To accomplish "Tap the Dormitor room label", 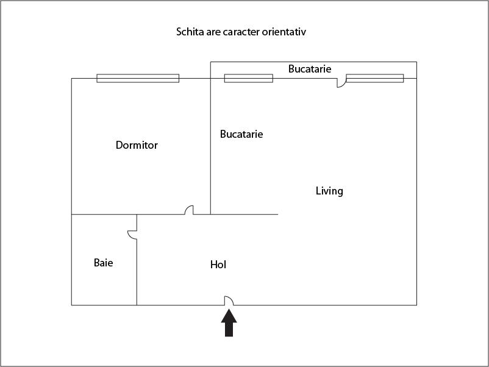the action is click(x=137, y=145).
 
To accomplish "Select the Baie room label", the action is click(x=103, y=263).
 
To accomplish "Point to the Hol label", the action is click(x=218, y=265).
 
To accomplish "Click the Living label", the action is click(x=329, y=191).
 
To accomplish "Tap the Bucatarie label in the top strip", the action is click(x=310, y=69).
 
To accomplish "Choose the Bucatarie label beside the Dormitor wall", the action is click(x=241, y=134).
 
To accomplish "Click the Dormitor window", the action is click(x=138, y=78).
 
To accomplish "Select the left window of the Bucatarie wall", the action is click(x=249, y=78).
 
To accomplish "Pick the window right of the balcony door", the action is click(x=375, y=78).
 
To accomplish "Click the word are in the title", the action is click(x=213, y=32).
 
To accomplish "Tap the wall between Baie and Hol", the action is click(x=137, y=260).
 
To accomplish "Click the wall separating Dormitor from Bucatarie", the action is click(x=210, y=146).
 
